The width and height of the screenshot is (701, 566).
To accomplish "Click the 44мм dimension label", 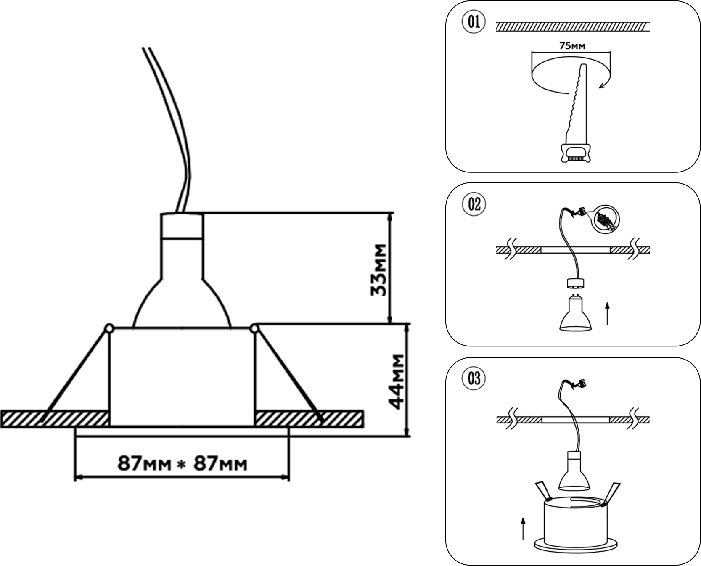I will click(x=397, y=382).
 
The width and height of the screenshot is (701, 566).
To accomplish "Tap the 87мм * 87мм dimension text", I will click(x=182, y=463).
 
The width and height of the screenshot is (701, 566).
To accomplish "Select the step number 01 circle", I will click(x=474, y=21).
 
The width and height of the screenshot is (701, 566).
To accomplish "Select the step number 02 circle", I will click(x=474, y=204).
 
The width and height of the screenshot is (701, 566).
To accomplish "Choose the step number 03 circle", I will click(x=474, y=378).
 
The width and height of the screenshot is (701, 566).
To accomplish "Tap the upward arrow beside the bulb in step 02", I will click(x=607, y=313).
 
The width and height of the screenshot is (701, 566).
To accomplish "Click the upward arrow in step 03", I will click(x=523, y=528).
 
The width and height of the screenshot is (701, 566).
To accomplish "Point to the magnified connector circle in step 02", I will click(x=605, y=219).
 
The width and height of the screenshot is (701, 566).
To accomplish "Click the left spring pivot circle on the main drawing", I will click(x=109, y=328).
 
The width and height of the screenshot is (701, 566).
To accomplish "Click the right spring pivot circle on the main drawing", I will click(x=254, y=328).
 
